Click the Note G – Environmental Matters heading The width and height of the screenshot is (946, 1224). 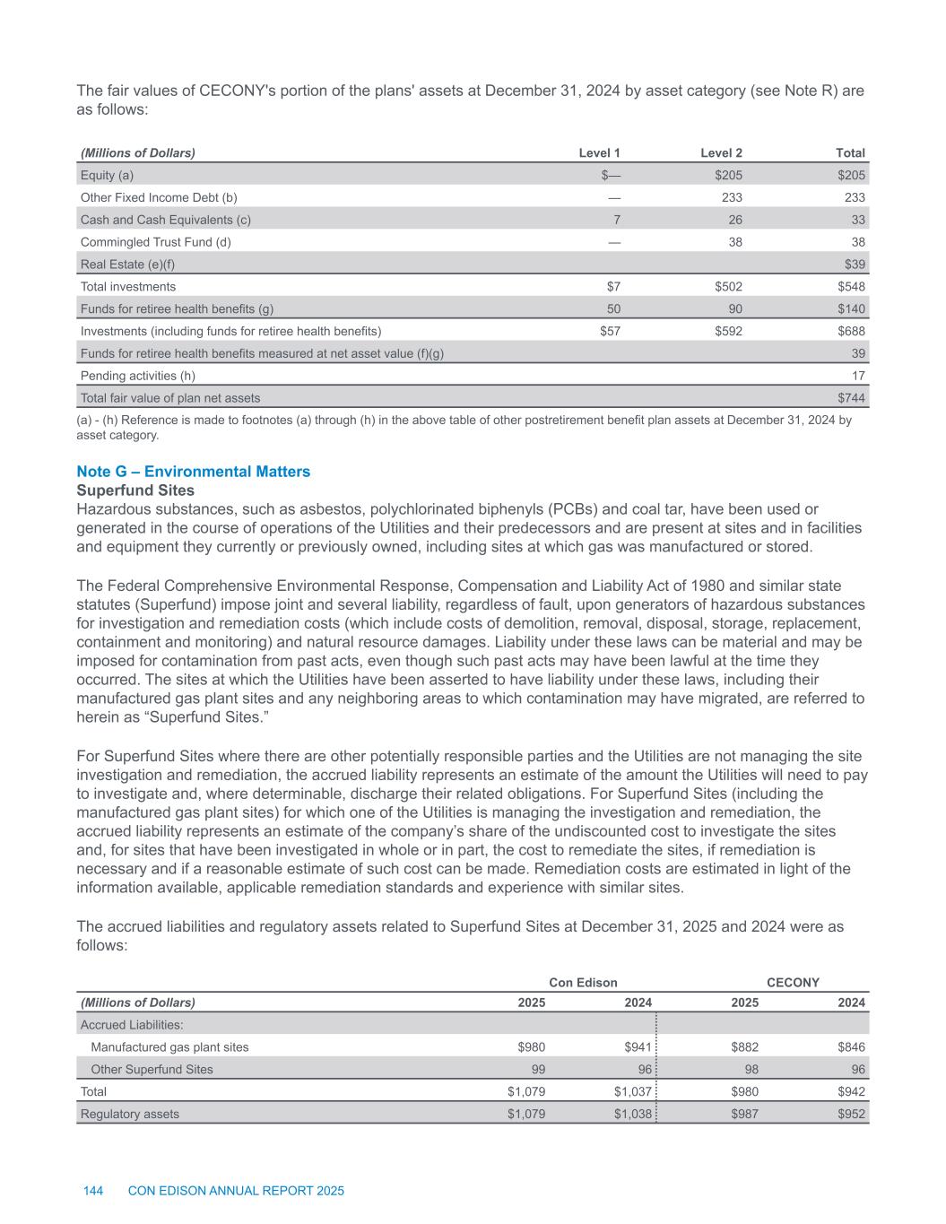(x=194, y=472)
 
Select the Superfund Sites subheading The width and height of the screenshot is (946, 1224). (x=135, y=490)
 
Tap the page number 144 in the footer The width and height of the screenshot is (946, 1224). (x=93, y=1191)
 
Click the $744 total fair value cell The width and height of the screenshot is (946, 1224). (x=851, y=397)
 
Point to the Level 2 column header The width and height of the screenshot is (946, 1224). (x=721, y=152)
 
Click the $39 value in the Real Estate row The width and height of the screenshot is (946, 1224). (x=855, y=264)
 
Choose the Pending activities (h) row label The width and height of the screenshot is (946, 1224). (x=138, y=376)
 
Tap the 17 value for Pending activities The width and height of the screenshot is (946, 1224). (x=858, y=376)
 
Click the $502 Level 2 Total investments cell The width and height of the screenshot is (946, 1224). (x=727, y=286)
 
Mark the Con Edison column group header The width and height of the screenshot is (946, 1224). (x=583, y=982)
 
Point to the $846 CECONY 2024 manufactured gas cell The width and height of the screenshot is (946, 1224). (x=851, y=1046)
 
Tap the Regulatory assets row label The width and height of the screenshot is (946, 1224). (x=130, y=1114)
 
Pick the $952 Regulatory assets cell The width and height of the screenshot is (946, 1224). (x=851, y=1114)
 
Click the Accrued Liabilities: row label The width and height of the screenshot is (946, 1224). (x=132, y=1024)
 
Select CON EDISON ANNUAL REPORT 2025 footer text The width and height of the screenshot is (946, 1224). (x=236, y=1191)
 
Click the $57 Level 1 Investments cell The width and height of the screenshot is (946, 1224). (x=610, y=331)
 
